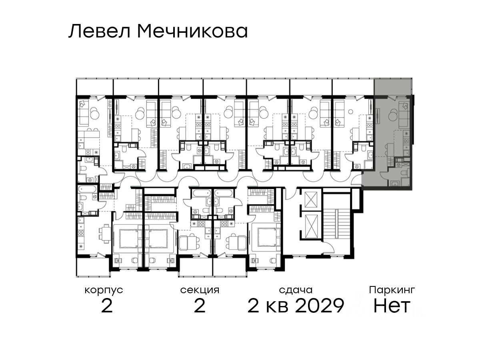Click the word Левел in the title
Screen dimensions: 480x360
tap(100, 32)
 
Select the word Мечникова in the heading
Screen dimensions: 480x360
tap(193, 32)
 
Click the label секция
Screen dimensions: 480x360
tap(200, 290)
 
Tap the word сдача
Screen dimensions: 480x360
tap(296, 290)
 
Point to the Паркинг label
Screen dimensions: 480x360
tap(392, 290)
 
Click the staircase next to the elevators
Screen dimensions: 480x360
tap(337, 224)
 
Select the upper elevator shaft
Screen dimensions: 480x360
tap(311, 200)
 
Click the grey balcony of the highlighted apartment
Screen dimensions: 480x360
tap(393, 87)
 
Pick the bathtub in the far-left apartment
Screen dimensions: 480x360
tap(88, 189)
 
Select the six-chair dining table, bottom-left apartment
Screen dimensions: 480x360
tap(103, 234)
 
